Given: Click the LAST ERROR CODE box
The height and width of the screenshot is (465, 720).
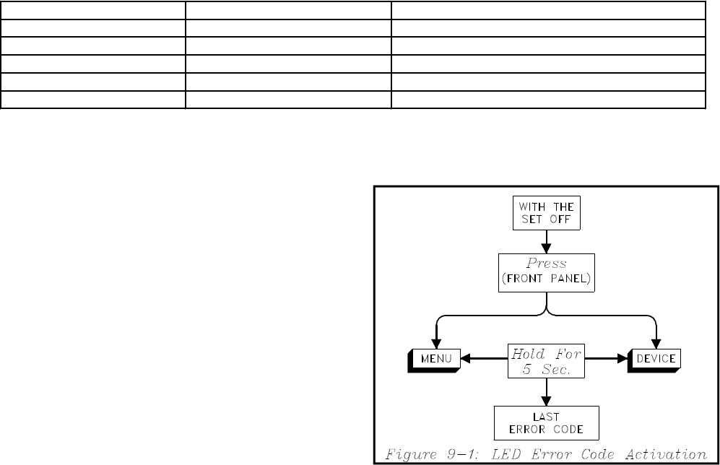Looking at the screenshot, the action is coord(546,423).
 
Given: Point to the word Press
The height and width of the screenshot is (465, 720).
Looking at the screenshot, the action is coord(546,264).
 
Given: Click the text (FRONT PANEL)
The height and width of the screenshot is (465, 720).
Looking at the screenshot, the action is coord(547,279).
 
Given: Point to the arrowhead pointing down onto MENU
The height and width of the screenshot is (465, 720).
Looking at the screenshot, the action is coord(437,343).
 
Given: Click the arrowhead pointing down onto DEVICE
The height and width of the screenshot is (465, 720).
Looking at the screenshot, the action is coord(656,343).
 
